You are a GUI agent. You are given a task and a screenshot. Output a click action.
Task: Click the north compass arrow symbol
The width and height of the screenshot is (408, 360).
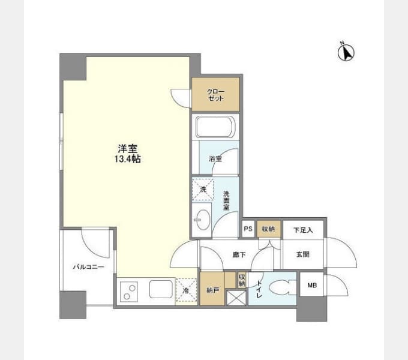pos(346,52)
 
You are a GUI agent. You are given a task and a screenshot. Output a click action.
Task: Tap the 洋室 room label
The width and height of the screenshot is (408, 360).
pos(127,149)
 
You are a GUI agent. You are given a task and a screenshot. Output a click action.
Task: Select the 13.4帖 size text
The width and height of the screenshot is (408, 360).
pos(127,158)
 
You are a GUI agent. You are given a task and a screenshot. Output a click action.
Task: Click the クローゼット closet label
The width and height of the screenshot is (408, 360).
pos(215,95)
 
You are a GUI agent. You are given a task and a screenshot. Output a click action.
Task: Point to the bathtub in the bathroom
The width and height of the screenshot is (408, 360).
pos(215,127)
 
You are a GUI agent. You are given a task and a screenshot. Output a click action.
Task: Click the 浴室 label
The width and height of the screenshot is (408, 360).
pos(215,158)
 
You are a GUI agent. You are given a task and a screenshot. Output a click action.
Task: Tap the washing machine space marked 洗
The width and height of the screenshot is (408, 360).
pos(203,190)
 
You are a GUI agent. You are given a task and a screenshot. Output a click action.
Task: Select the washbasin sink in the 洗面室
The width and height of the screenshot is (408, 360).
pos(203,220)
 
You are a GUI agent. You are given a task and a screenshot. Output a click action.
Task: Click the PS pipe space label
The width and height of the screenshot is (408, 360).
pos(248,229)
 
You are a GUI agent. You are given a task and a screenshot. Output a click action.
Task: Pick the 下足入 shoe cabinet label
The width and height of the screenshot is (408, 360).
pos(303,230)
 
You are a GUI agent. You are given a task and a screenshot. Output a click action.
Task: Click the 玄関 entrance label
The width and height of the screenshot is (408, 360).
pos(302,254)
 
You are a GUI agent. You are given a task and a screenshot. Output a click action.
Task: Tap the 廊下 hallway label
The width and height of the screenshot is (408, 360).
pos(239,254)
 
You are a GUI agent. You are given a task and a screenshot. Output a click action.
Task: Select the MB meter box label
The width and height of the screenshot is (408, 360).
pos(312,286)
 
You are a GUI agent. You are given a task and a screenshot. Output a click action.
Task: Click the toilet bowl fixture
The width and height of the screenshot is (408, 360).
pos(283,287)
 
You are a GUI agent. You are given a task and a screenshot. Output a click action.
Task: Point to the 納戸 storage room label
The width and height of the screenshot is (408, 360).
pos(212,290)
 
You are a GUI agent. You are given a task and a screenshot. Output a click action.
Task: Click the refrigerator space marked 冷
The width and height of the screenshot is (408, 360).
pos(186,290)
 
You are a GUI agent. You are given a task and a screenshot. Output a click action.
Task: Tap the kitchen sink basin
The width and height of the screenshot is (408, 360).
pos(161,289)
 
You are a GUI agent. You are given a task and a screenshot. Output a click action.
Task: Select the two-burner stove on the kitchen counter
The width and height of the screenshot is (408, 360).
pos(129,292)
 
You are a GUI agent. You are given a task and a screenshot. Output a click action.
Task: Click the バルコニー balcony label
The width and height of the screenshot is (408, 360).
pos(88,267)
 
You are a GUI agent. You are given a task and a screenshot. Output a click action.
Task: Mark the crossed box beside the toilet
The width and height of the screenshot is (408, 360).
pos(236,298)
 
